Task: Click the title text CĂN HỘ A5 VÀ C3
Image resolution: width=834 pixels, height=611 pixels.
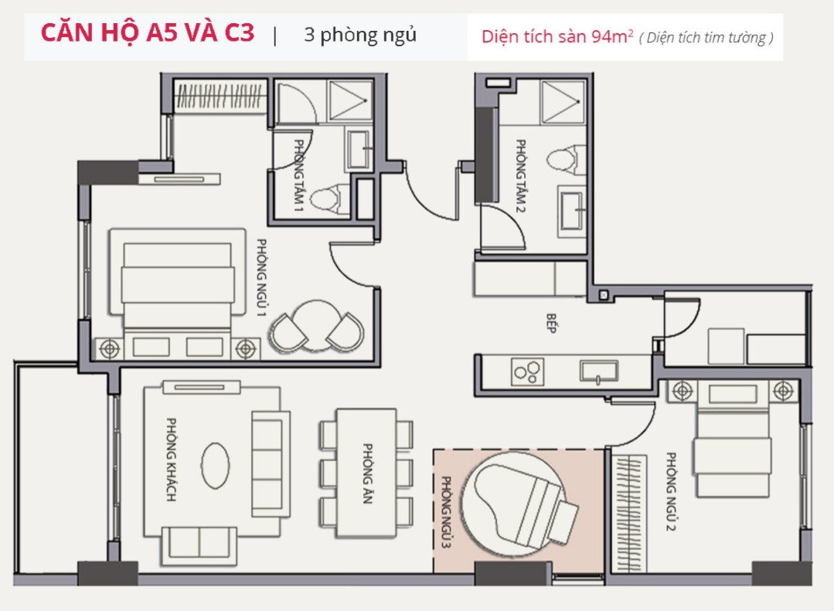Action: point(147,35)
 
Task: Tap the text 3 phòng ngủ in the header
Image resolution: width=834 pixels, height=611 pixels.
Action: point(359,36)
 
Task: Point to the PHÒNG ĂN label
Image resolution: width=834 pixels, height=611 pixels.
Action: point(367,474)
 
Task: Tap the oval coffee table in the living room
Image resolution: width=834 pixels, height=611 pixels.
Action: point(215,466)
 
